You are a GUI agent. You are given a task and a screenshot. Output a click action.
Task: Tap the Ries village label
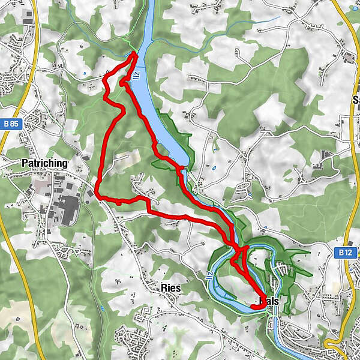point(171,287)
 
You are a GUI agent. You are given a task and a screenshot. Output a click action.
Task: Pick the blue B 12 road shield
point(344,253)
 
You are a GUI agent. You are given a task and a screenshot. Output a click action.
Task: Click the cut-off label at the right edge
point(356,100)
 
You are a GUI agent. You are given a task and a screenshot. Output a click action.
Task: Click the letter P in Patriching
point(25,163)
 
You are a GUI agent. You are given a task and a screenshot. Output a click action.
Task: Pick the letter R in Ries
point(164,287)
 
